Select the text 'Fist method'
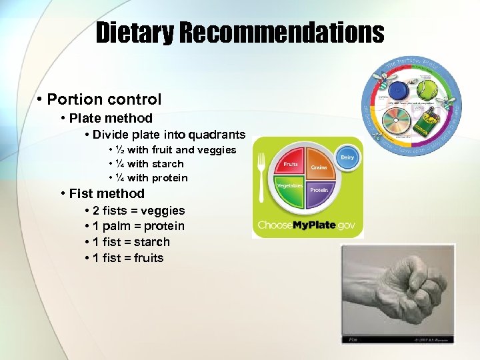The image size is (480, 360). [x=107, y=194]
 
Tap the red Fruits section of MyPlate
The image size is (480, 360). [x=291, y=165]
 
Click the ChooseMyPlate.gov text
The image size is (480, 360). [x=307, y=225]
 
